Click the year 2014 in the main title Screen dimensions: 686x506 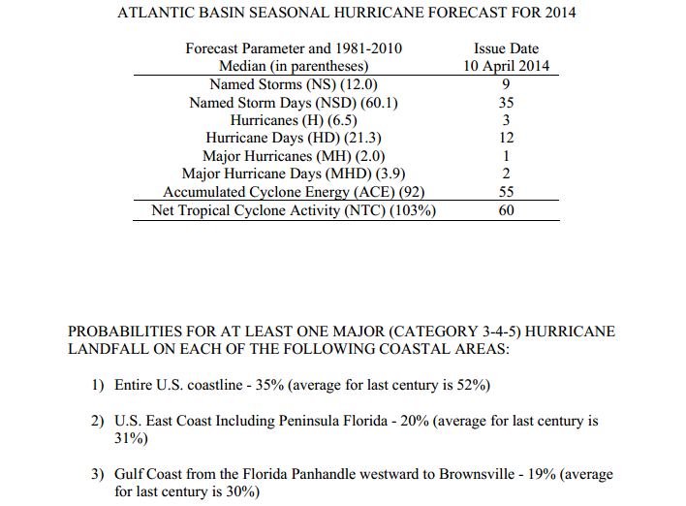(560, 13)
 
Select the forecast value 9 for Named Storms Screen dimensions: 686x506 (506, 84)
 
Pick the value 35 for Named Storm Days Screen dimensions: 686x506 (506, 103)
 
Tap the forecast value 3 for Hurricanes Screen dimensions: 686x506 (506, 120)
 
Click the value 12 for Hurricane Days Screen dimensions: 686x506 (506, 138)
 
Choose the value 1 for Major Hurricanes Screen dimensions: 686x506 (506, 156)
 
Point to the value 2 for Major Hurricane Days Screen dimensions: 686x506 (506, 174)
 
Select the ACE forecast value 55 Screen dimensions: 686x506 (506, 192)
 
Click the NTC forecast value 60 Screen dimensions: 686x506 (506, 210)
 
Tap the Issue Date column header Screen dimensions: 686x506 (506, 48)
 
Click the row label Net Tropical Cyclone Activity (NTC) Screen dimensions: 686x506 (268, 210)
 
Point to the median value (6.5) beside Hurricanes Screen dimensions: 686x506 (342, 120)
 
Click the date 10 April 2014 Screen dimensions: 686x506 (506, 66)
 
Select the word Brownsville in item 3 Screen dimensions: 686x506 (477, 474)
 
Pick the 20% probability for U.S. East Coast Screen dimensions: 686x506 (415, 421)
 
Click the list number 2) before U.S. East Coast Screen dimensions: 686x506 (98, 421)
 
